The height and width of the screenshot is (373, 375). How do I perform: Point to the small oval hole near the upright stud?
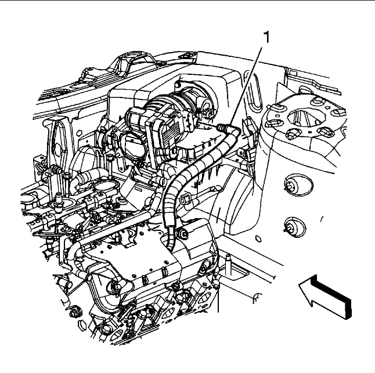[x=255, y=298]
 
